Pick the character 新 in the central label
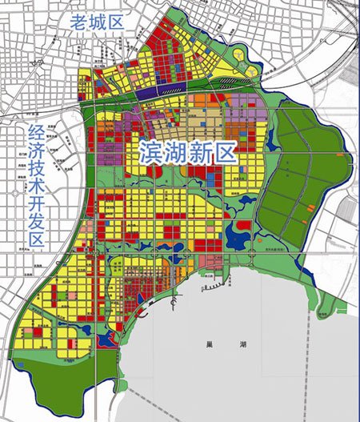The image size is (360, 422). point(204,151)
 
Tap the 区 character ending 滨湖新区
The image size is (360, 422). point(229,151)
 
